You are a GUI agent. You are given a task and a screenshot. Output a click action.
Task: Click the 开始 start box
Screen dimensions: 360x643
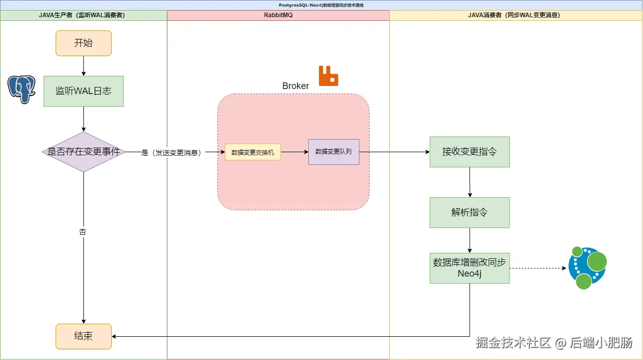[x=83, y=43]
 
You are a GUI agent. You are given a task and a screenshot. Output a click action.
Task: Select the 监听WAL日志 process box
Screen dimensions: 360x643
[x=83, y=91]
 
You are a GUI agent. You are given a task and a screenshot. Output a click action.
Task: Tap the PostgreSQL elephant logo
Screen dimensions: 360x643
[x=21, y=89]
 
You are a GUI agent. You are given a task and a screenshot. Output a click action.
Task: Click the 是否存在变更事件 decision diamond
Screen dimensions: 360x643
[x=83, y=152]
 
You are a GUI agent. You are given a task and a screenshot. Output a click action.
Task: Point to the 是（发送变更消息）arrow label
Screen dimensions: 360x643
[x=171, y=152]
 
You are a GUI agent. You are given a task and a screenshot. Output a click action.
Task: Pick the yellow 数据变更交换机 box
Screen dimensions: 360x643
[x=253, y=152]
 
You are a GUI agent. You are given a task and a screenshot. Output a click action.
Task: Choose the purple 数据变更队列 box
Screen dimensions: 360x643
[x=334, y=152]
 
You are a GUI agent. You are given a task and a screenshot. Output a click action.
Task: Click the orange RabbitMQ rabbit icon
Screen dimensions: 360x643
[x=328, y=76]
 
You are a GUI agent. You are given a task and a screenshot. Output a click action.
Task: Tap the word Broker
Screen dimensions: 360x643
[x=296, y=86]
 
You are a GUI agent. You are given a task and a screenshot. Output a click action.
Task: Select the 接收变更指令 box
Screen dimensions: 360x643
[x=470, y=152]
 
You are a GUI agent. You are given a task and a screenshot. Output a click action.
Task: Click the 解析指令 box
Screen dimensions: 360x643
[x=470, y=212]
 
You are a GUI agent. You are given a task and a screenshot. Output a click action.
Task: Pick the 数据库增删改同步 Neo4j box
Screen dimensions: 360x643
[x=470, y=268]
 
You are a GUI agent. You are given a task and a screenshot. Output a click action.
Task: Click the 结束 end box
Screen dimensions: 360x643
[x=83, y=336]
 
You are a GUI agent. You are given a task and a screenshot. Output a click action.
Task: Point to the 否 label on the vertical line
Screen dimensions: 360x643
[x=83, y=232]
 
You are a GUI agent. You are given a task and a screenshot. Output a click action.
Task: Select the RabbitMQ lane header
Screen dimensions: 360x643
[x=278, y=15]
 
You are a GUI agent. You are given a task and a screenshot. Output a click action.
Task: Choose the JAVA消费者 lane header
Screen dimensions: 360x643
[x=516, y=15]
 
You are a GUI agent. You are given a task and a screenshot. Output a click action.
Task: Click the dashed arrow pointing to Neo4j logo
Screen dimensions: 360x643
[x=538, y=268]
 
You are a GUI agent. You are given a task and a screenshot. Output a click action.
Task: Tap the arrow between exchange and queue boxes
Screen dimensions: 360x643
[x=295, y=152]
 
